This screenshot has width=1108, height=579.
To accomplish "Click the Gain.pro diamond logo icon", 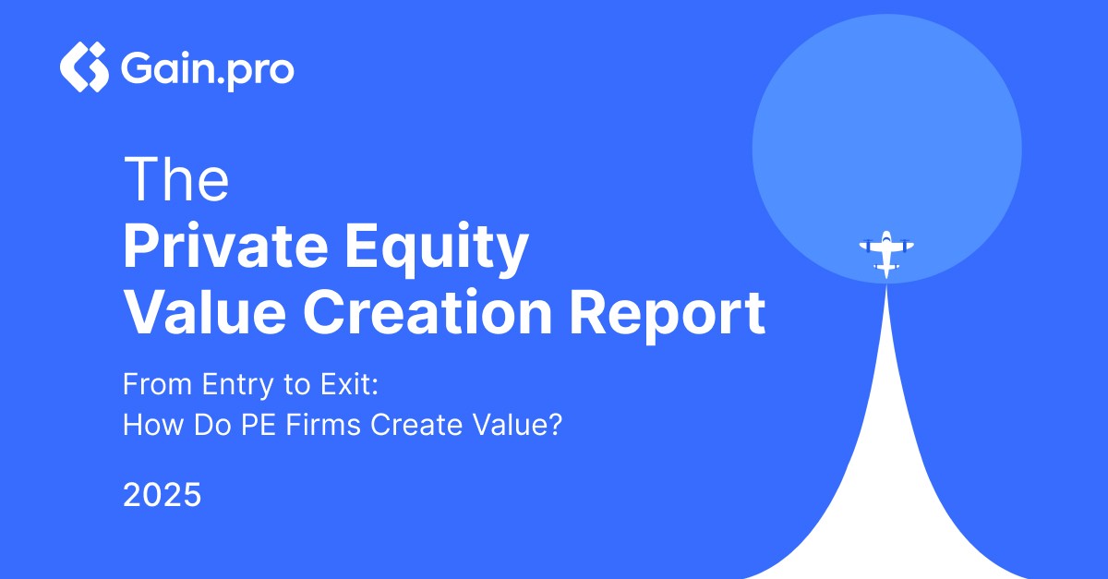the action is (84, 66).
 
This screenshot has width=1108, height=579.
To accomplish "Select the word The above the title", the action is (176, 178).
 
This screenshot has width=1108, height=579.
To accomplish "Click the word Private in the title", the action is (225, 246).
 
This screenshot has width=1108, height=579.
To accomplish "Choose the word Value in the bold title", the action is (205, 313).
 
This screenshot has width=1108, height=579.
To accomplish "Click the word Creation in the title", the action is (428, 313).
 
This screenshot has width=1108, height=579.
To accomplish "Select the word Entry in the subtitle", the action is (237, 385).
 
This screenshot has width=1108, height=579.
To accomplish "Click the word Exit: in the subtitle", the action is (350, 384).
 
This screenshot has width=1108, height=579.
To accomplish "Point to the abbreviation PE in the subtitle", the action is (259, 425).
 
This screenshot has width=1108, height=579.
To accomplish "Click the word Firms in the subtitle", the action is (323, 425).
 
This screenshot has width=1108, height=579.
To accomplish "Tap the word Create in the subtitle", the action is (416, 425).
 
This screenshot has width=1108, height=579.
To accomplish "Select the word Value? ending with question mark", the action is (518, 425).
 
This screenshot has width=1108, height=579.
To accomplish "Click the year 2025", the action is (163, 494).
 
